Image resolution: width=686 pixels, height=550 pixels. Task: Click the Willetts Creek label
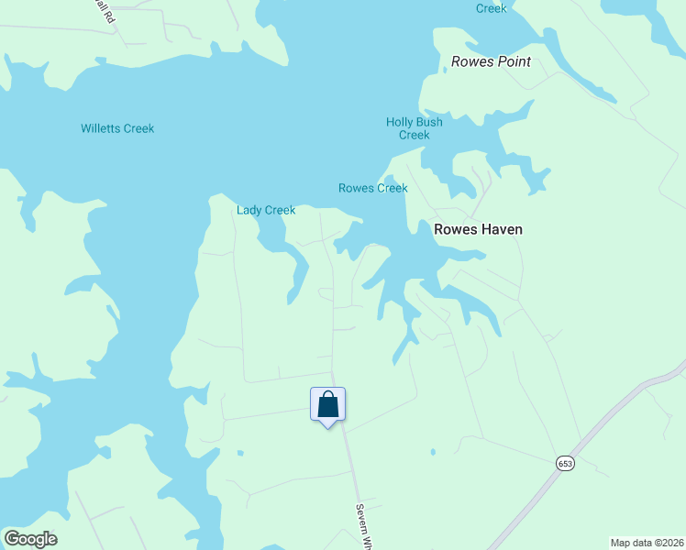tap(117, 128)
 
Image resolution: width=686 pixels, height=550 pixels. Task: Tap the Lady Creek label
tap(266, 210)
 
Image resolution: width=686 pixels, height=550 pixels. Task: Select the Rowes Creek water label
tap(372, 188)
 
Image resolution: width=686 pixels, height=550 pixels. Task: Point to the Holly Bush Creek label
tap(414, 128)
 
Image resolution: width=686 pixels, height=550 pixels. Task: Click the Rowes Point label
tap(492, 62)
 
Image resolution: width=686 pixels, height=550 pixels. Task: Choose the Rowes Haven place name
tap(478, 229)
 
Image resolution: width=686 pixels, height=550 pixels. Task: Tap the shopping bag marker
tap(327, 405)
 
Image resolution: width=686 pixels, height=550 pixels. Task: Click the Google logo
tap(30, 539)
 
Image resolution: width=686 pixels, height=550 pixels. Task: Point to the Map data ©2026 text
tap(647, 543)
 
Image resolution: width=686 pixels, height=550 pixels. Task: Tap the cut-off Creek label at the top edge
tap(491, 8)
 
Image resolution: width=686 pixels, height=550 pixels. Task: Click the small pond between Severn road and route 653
tap(432, 451)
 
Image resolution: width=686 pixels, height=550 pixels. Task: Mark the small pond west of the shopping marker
tap(239, 452)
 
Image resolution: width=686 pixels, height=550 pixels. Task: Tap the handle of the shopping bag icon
tap(327, 396)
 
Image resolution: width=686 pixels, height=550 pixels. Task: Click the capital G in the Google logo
tap(12, 538)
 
